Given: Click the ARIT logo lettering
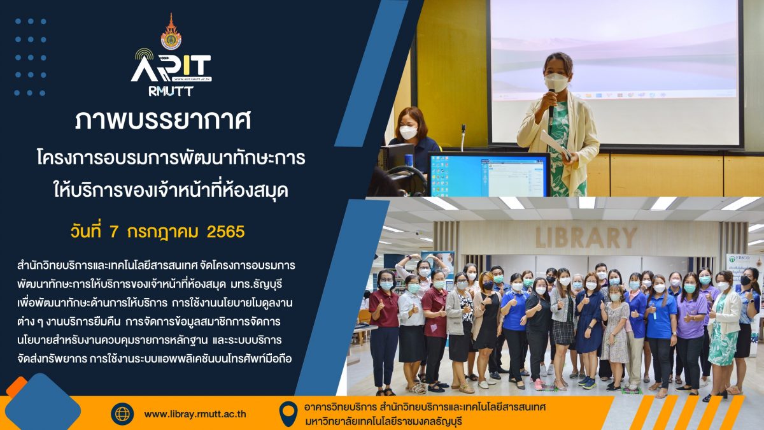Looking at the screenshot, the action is point(171,68).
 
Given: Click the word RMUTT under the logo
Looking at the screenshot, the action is point(171,90).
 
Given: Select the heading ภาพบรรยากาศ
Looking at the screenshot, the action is point(163,120).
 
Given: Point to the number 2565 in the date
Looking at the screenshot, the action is point(226,232).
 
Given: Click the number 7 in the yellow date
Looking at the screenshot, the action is point(114,232).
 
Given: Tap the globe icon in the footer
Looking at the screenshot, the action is point(122,414).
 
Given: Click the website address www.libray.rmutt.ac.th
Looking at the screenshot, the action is point(195,414).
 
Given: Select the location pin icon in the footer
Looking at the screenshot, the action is point(288,413).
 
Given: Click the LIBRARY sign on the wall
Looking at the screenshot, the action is point(586,238).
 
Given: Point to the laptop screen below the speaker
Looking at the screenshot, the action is point(488,175).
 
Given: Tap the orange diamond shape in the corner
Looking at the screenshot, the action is point(17,387).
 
